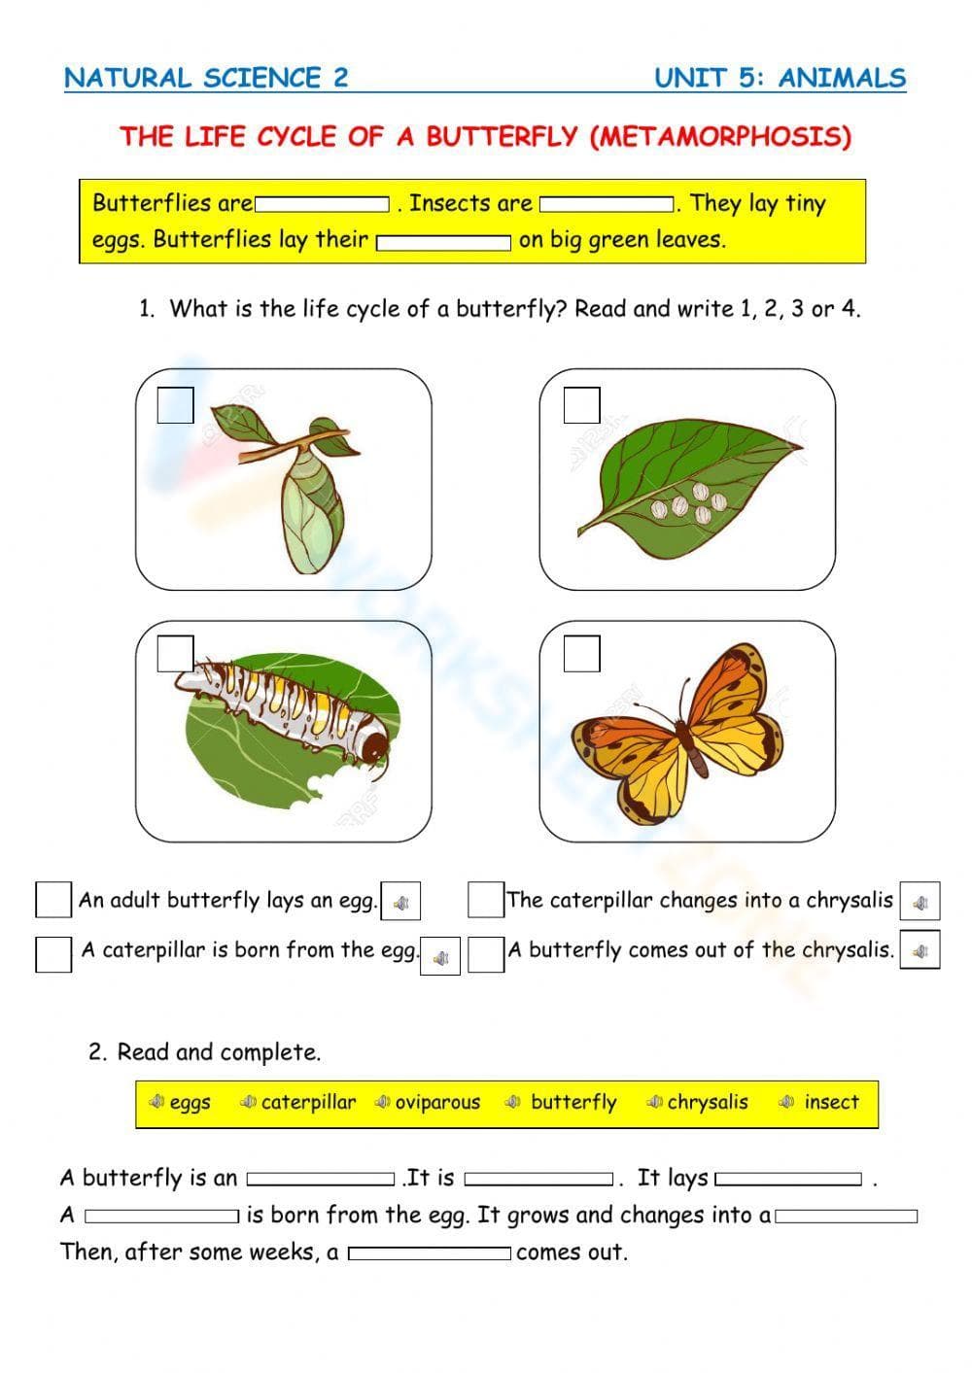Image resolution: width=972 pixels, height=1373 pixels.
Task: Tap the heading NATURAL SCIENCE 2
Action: (x=206, y=78)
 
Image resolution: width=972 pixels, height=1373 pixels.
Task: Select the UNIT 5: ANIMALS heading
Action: (x=780, y=78)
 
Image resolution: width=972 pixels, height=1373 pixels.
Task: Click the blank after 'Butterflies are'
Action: (x=322, y=205)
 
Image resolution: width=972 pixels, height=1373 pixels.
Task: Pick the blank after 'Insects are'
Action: (x=607, y=205)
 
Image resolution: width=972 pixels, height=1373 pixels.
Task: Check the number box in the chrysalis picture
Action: (x=175, y=405)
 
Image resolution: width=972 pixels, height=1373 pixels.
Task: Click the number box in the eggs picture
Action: (x=581, y=405)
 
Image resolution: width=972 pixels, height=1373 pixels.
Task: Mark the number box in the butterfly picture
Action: (x=581, y=653)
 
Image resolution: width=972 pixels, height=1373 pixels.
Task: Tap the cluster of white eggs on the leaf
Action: (x=688, y=505)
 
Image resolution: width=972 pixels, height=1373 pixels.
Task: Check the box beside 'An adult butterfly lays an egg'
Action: (x=53, y=900)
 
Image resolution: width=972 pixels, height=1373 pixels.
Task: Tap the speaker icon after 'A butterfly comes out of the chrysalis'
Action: (x=920, y=950)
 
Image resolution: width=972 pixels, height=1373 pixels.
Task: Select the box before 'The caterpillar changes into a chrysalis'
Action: (x=485, y=900)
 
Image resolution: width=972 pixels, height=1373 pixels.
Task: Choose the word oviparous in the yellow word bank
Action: (x=437, y=1103)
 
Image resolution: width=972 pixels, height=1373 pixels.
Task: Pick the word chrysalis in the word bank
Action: (x=708, y=1103)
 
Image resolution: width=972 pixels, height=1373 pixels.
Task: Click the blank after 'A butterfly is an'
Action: (x=321, y=1180)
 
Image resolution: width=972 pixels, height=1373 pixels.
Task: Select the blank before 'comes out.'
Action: (x=430, y=1253)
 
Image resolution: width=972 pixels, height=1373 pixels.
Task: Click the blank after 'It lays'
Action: (x=788, y=1180)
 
